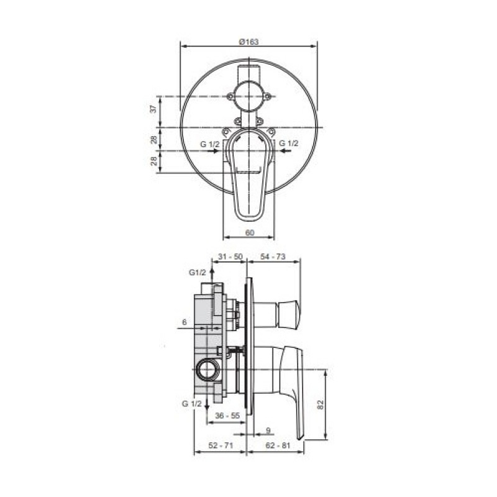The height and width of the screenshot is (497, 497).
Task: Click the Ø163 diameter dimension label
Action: click(249, 42)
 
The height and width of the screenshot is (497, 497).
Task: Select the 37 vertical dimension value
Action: click(153, 109)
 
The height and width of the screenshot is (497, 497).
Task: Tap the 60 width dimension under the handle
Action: click(250, 232)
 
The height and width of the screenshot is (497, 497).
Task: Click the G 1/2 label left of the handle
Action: click(210, 144)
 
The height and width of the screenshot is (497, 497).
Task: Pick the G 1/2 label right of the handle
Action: click(289, 144)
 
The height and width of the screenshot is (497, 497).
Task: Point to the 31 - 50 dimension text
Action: click(230, 257)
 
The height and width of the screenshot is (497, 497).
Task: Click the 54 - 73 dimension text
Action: click(273, 257)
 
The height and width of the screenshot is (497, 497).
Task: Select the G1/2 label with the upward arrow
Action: click(198, 272)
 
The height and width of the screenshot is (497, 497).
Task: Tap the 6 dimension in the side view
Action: click(185, 322)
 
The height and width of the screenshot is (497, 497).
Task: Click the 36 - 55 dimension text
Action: click(227, 415)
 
